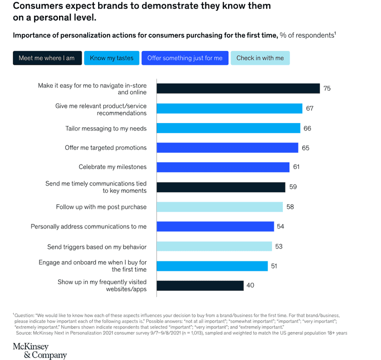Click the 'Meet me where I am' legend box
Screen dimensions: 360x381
[x=47, y=58]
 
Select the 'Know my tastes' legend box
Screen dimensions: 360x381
[x=111, y=58]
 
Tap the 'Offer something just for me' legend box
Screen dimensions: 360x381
[x=185, y=58]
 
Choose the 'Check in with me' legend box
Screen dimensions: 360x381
[x=260, y=58]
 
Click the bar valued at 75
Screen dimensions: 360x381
[x=238, y=89]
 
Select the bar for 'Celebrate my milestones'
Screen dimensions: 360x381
[x=223, y=167]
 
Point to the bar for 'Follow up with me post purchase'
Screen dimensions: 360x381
[x=220, y=207]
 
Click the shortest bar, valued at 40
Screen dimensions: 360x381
[x=200, y=286]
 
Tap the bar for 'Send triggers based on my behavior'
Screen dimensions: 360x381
[x=214, y=247]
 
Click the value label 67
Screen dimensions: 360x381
[x=310, y=109]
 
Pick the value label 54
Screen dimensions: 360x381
[x=281, y=226]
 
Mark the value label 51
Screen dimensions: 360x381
[x=274, y=266]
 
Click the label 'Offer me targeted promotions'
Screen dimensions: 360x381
[x=106, y=148]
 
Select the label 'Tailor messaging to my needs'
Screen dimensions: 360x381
[x=106, y=128]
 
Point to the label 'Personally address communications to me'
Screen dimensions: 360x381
[x=89, y=226]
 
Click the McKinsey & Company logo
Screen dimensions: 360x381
[x=40, y=350]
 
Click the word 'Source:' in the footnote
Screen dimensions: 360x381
[x=24, y=333]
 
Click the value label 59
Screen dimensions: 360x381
[x=293, y=187]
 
